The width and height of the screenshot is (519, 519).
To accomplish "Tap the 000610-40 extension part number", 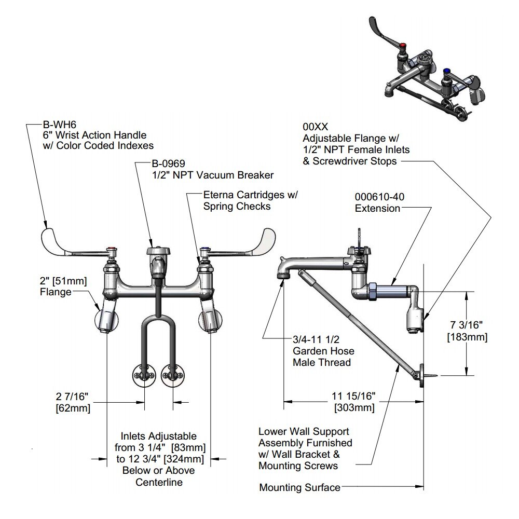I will (x=379, y=197).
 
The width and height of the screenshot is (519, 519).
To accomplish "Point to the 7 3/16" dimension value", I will (x=467, y=325).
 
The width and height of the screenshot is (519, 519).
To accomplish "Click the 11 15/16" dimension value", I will (x=354, y=396).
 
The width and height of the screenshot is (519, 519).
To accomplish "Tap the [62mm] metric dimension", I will (x=73, y=408).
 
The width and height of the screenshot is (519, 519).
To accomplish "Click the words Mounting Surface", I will (x=299, y=487).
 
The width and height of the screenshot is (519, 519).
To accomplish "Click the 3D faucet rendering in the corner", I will (x=431, y=70).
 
